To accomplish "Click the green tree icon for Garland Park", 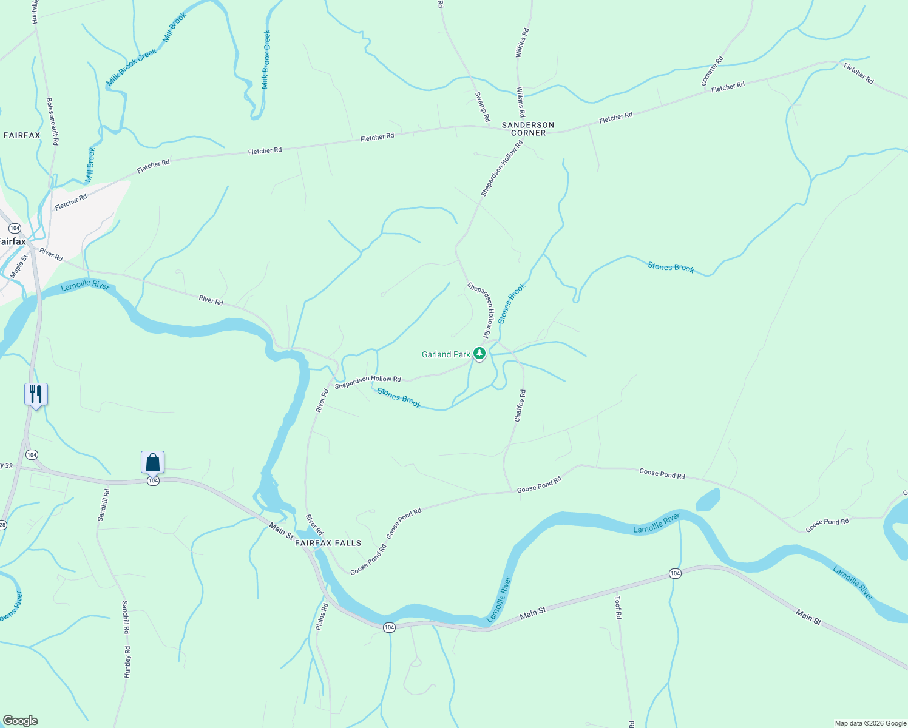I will coord(479,353).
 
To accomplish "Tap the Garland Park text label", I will coord(446,354).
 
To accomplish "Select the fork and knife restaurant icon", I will coord(36,394).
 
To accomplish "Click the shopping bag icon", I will coord(153,462).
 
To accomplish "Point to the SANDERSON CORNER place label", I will coord(528,129).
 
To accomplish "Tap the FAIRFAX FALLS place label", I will coord(328,543).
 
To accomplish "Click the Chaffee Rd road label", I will coord(520,406).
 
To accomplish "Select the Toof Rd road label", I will coord(618,607).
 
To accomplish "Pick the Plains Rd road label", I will coord(322,616).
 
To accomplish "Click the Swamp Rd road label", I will coord(482,107).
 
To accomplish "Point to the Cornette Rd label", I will coord(712,71).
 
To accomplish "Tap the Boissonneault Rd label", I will coord(52,121).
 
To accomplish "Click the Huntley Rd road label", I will coord(127,662).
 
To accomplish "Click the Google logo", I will coord(20,721).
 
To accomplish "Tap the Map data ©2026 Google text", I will coord(870,723).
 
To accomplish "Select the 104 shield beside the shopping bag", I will coord(153,480).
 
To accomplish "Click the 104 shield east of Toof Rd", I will coord(675,573).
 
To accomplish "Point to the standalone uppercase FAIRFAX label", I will coord(22,135).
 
